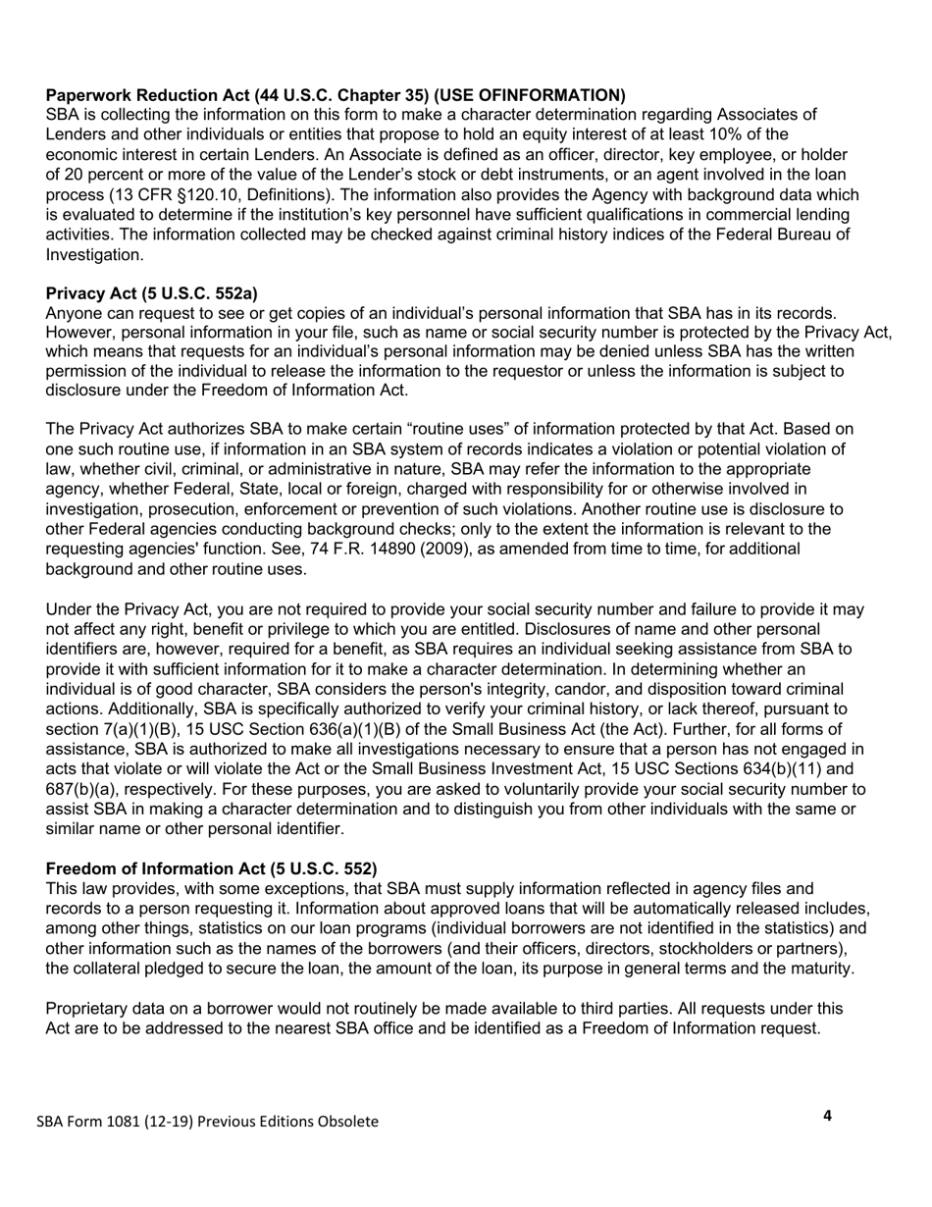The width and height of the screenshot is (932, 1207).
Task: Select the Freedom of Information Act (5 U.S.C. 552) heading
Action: (x=211, y=868)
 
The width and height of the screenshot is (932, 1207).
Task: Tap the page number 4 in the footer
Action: (x=827, y=1115)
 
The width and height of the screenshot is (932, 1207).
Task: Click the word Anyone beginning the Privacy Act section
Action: (x=74, y=313)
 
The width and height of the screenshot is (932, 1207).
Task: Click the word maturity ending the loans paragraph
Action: (x=822, y=969)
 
